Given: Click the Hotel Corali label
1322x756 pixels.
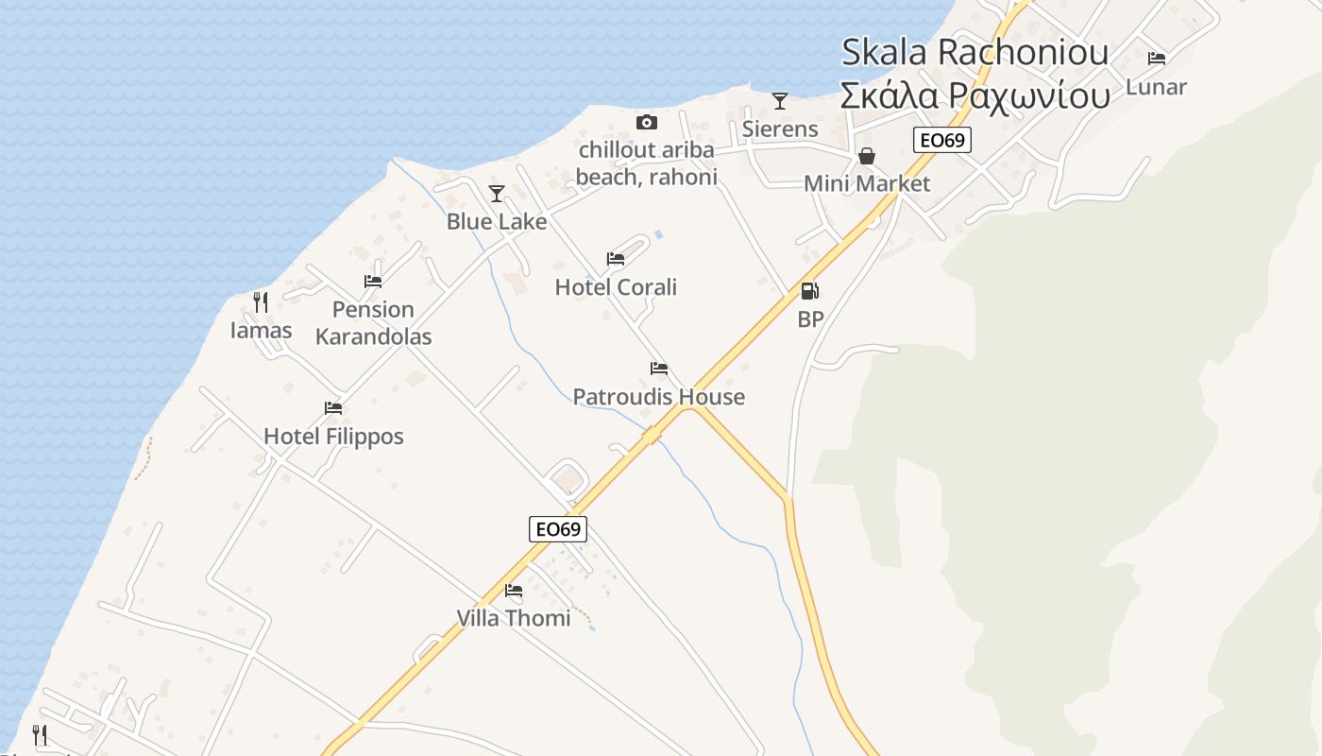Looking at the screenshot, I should [x=616, y=287].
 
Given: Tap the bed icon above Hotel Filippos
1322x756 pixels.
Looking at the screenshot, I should [x=333, y=408].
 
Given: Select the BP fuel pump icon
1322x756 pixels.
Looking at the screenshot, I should [x=809, y=291].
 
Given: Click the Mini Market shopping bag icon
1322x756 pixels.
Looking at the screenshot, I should [x=866, y=156].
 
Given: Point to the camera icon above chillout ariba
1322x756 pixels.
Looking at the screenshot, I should [x=646, y=122].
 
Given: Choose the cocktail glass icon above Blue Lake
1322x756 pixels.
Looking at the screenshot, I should [x=497, y=194].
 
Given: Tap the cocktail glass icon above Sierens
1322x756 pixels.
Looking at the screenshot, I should [x=780, y=100].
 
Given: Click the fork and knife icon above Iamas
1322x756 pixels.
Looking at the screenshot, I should [x=261, y=302].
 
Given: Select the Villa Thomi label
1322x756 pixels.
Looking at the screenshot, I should [x=514, y=618].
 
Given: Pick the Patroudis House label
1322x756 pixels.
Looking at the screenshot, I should [x=658, y=397].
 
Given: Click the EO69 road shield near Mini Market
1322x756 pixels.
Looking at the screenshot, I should [x=942, y=141].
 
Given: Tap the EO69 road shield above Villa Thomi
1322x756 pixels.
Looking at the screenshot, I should [x=557, y=529].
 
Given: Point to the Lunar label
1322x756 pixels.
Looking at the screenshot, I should [x=1156, y=87].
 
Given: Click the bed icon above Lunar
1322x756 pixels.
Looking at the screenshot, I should [x=1157, y=59].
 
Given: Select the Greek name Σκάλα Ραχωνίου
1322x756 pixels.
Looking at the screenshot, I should [x=975, y=95].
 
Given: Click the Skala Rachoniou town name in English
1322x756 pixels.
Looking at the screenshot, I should [x=975, y=52].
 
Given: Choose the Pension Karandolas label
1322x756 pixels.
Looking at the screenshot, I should [x=373, y=323].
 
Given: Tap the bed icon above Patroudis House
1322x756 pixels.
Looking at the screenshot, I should [x=659, y=369].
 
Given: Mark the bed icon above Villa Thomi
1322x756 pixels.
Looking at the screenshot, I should [x=514, y=591].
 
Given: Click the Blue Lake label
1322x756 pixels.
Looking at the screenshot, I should [x=497, y=222].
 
